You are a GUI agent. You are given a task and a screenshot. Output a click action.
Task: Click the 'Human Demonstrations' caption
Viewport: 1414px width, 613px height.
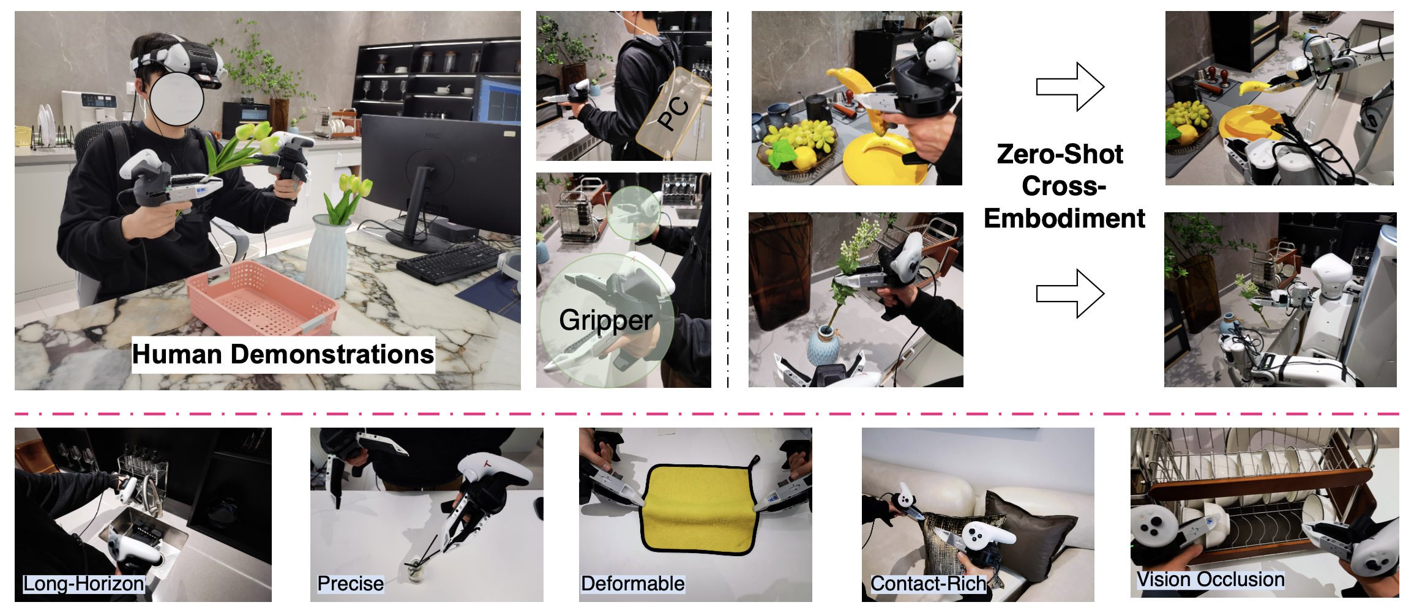tap(283, 354)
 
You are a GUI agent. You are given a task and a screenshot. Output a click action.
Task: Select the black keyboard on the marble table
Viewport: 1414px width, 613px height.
tap(449, 262)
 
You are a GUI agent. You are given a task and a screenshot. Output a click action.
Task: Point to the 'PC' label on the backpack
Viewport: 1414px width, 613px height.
tap(673, 113)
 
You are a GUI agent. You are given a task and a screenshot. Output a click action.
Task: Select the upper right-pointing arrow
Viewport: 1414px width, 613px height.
tap(1070, 87)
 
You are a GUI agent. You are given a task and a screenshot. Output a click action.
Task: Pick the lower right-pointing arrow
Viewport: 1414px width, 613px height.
tap(1070, 294)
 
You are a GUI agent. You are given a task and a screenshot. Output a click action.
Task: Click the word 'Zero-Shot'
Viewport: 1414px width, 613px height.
tap(1060, 154)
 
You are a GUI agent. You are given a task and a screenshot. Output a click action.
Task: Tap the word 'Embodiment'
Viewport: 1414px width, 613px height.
tap(1064, 218)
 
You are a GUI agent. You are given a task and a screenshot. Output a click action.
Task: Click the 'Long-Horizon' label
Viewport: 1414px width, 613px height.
tap(84, 584)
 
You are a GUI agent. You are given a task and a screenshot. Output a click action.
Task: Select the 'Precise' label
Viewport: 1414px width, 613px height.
tap(351, 584)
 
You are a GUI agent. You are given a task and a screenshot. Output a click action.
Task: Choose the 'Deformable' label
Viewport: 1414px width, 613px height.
tap(633, 584)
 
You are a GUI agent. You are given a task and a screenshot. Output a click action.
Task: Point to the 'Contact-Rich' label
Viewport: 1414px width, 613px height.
tap(929, 584)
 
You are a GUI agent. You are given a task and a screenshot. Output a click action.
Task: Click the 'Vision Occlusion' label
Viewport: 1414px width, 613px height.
tap(1211, 579)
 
